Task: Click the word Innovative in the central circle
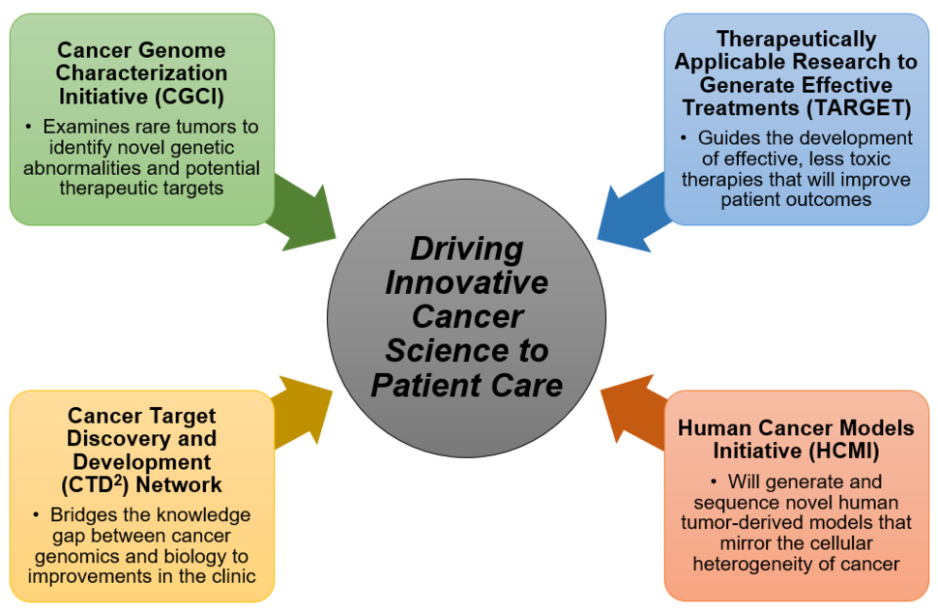(x=466, y=282)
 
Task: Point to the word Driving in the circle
(x=466, y=248)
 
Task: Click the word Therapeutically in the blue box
(x=796, y=40)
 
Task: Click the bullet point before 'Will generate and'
(x=714, y=482)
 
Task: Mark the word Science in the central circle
(x=441, y=350)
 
